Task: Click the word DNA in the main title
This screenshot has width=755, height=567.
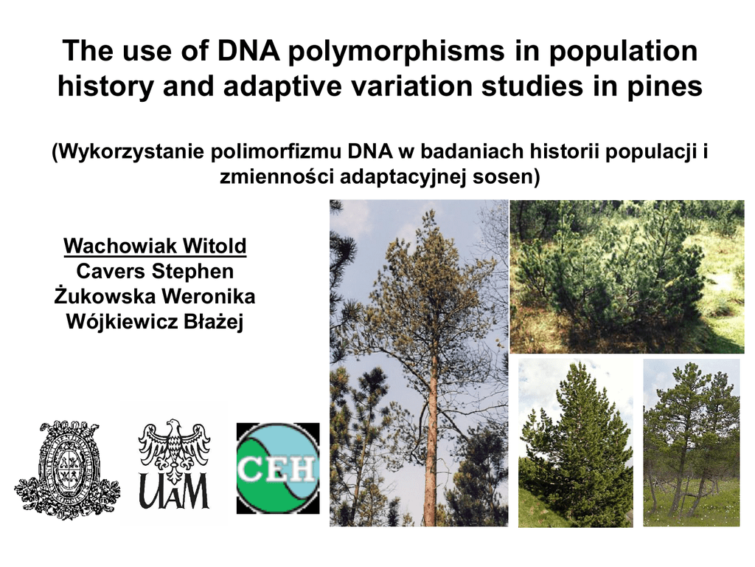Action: (248, 51)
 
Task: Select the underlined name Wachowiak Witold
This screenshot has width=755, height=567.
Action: (155, 245)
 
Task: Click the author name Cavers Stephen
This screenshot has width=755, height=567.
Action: (155, 271)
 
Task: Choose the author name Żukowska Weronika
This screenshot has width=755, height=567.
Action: (155, 296)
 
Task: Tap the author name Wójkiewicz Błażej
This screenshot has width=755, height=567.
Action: (155, 322)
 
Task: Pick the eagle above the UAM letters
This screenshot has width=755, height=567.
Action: (174, 445)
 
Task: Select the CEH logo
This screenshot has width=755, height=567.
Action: (278, 468)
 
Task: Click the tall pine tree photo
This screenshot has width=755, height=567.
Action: (419, 363)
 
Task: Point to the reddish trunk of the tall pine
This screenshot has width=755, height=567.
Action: (432, 434)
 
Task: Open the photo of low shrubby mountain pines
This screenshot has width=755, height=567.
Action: (627, 277)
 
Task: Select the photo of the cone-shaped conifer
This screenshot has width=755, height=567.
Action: (575, 443)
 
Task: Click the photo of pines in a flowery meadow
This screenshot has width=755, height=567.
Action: (692, 443)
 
